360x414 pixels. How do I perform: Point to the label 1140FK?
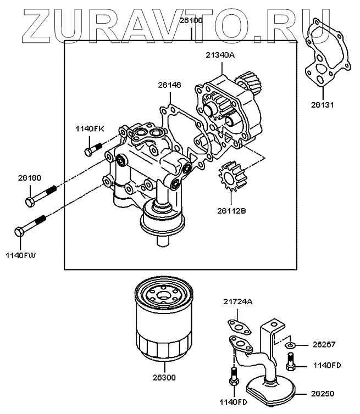click(90, 128)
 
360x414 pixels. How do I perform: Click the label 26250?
click(324, 393)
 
